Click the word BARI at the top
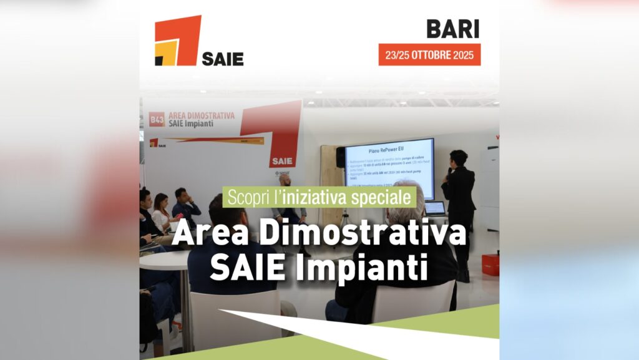pyautogui.click(x=452, y=29)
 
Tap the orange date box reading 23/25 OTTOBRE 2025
pyautogui.click(x=429, y=55)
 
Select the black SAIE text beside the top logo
pyautogui.click(x=223, y=59)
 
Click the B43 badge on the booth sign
pyautogui.click(x=157, y=119)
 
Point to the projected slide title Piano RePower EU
pyautogui.click(x=388, y=149)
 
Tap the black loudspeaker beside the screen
pyautogui.click(x=340, y=157)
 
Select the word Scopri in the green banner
pyautogui.click(x=246, y=197)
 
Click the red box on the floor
pyautogui.click(x=490, y=265)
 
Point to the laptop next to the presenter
pyautogui.click(x=435, y=209)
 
